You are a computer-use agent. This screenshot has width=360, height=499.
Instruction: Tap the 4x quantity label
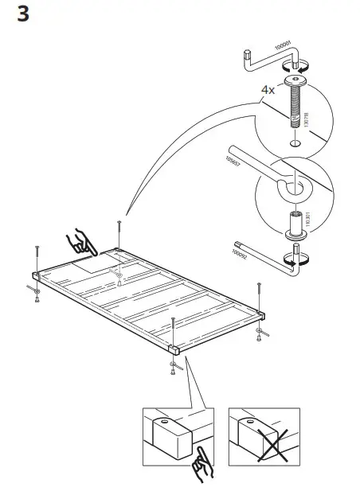point(268,89)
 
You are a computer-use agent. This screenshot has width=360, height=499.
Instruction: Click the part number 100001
point(283,42)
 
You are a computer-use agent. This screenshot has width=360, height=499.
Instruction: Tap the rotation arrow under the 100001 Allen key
point(299,69)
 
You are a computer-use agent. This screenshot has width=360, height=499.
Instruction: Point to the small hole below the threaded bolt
point(295,144)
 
